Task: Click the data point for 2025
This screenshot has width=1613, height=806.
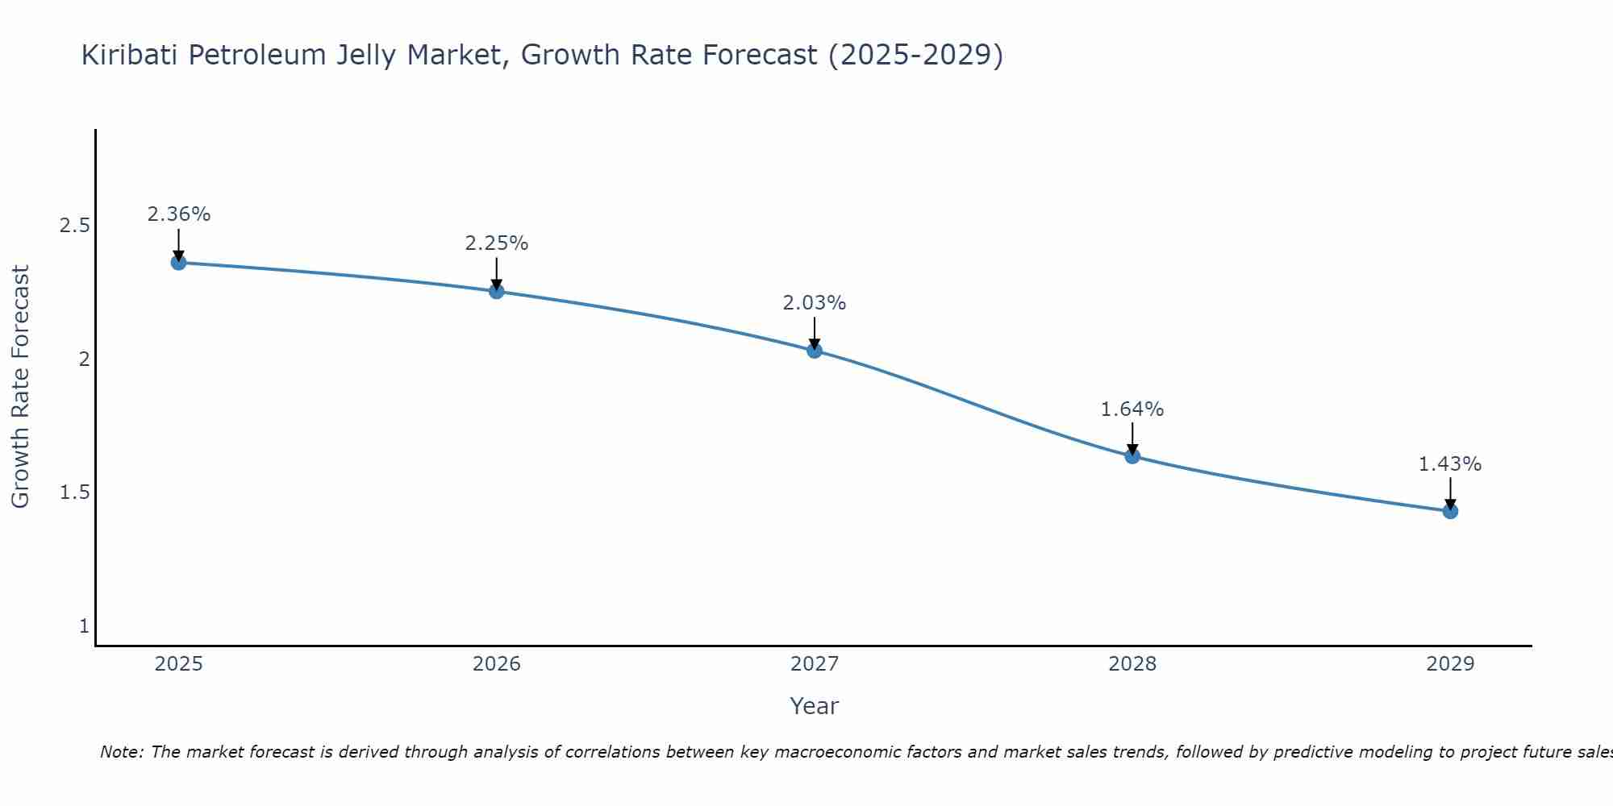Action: point(178,263)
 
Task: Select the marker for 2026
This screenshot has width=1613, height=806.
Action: point(497,291)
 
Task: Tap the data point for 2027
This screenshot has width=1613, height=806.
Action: point(815,350)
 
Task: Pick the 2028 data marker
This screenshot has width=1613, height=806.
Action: point(1132,456)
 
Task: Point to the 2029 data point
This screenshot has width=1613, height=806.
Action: point(1450,511)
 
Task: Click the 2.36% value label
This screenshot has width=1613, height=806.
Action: point(179,214)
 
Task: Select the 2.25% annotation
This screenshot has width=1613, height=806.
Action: point(497,243)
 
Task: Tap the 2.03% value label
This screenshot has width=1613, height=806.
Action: point(815,303)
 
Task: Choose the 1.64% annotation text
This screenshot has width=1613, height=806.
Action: point(1132,409)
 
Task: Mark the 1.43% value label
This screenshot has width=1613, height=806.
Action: point(1450,464)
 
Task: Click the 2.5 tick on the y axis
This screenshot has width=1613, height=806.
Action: point(75,226)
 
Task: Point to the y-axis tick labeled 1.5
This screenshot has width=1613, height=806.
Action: point(75,492)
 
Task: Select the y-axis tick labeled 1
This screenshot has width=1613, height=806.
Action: point(84,626)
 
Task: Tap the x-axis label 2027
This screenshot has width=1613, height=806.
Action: point(815,664)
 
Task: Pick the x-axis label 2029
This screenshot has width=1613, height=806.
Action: point(1450,664)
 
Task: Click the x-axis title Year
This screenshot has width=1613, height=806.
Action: point(815,706)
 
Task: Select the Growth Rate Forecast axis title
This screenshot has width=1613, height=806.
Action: point(21,387)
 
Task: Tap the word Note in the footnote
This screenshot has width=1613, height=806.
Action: point(120,752)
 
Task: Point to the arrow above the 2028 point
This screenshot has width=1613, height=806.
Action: point(1132,438)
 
